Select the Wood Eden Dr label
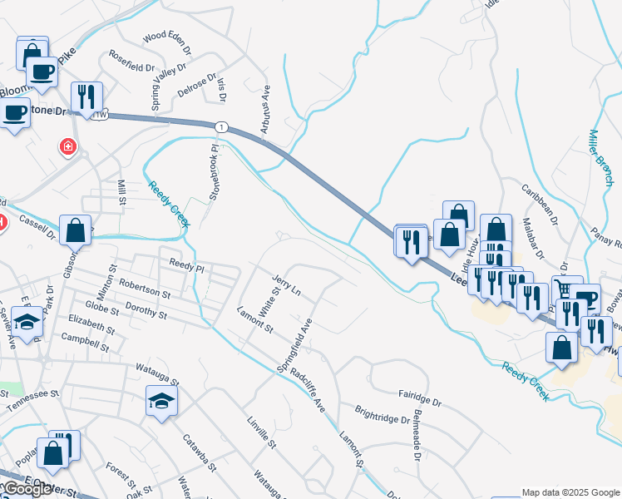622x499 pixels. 167,38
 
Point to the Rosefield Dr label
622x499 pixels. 131,67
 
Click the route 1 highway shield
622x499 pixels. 221,126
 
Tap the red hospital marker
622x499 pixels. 67,147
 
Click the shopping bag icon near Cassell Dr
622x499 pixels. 75,230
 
